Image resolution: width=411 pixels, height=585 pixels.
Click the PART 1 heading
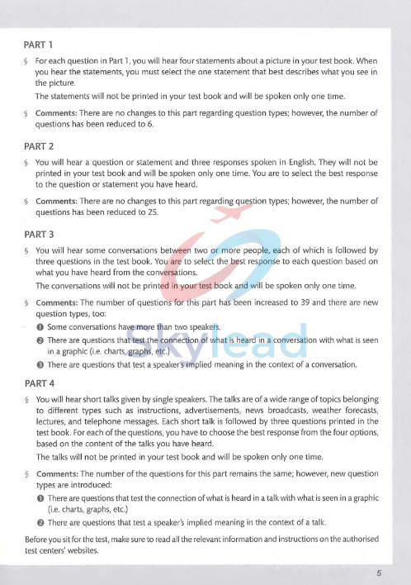[40, 44]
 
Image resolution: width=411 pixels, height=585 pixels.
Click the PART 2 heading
[40, 146]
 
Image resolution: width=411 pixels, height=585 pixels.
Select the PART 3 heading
[40, 234]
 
